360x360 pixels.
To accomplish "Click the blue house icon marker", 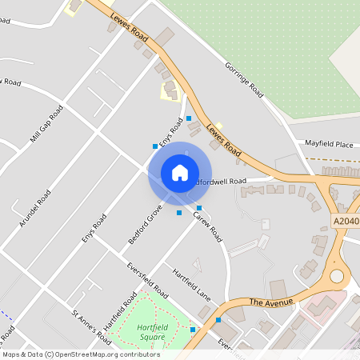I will (180, 173).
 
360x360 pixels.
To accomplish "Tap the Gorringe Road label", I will (244, 79).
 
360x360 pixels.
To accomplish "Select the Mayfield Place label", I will (329, 144).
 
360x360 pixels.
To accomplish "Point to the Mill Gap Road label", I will (46, 123).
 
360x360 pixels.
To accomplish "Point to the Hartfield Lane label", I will (190, 282).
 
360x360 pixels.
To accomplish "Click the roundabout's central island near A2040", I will (337, 276).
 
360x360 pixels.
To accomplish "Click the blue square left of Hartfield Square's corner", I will (193, 329).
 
